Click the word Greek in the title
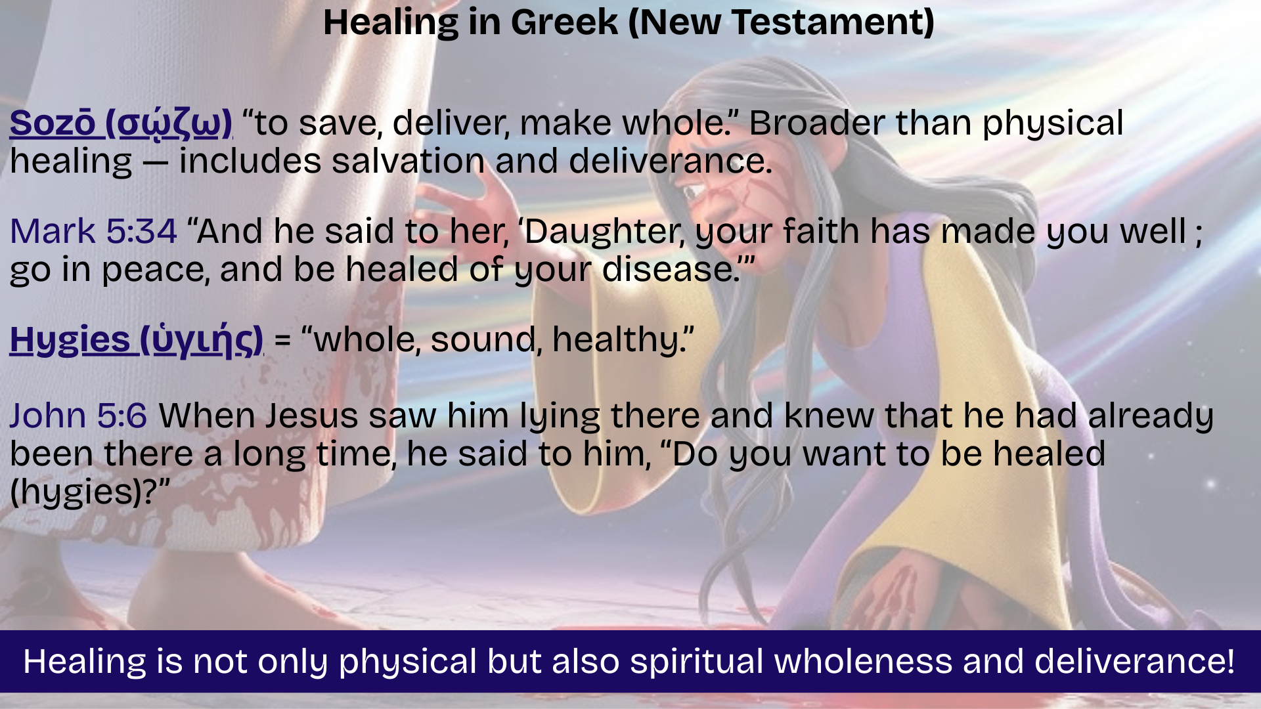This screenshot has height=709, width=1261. point(564,22)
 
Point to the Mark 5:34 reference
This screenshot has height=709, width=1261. point(93,231)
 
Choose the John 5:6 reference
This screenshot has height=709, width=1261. point(78,416)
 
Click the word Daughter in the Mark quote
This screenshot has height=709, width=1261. point(598,232)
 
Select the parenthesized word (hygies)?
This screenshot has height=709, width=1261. point(90,493)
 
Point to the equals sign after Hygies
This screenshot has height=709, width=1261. point(282,341)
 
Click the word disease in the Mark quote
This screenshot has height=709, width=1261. point(667,270)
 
